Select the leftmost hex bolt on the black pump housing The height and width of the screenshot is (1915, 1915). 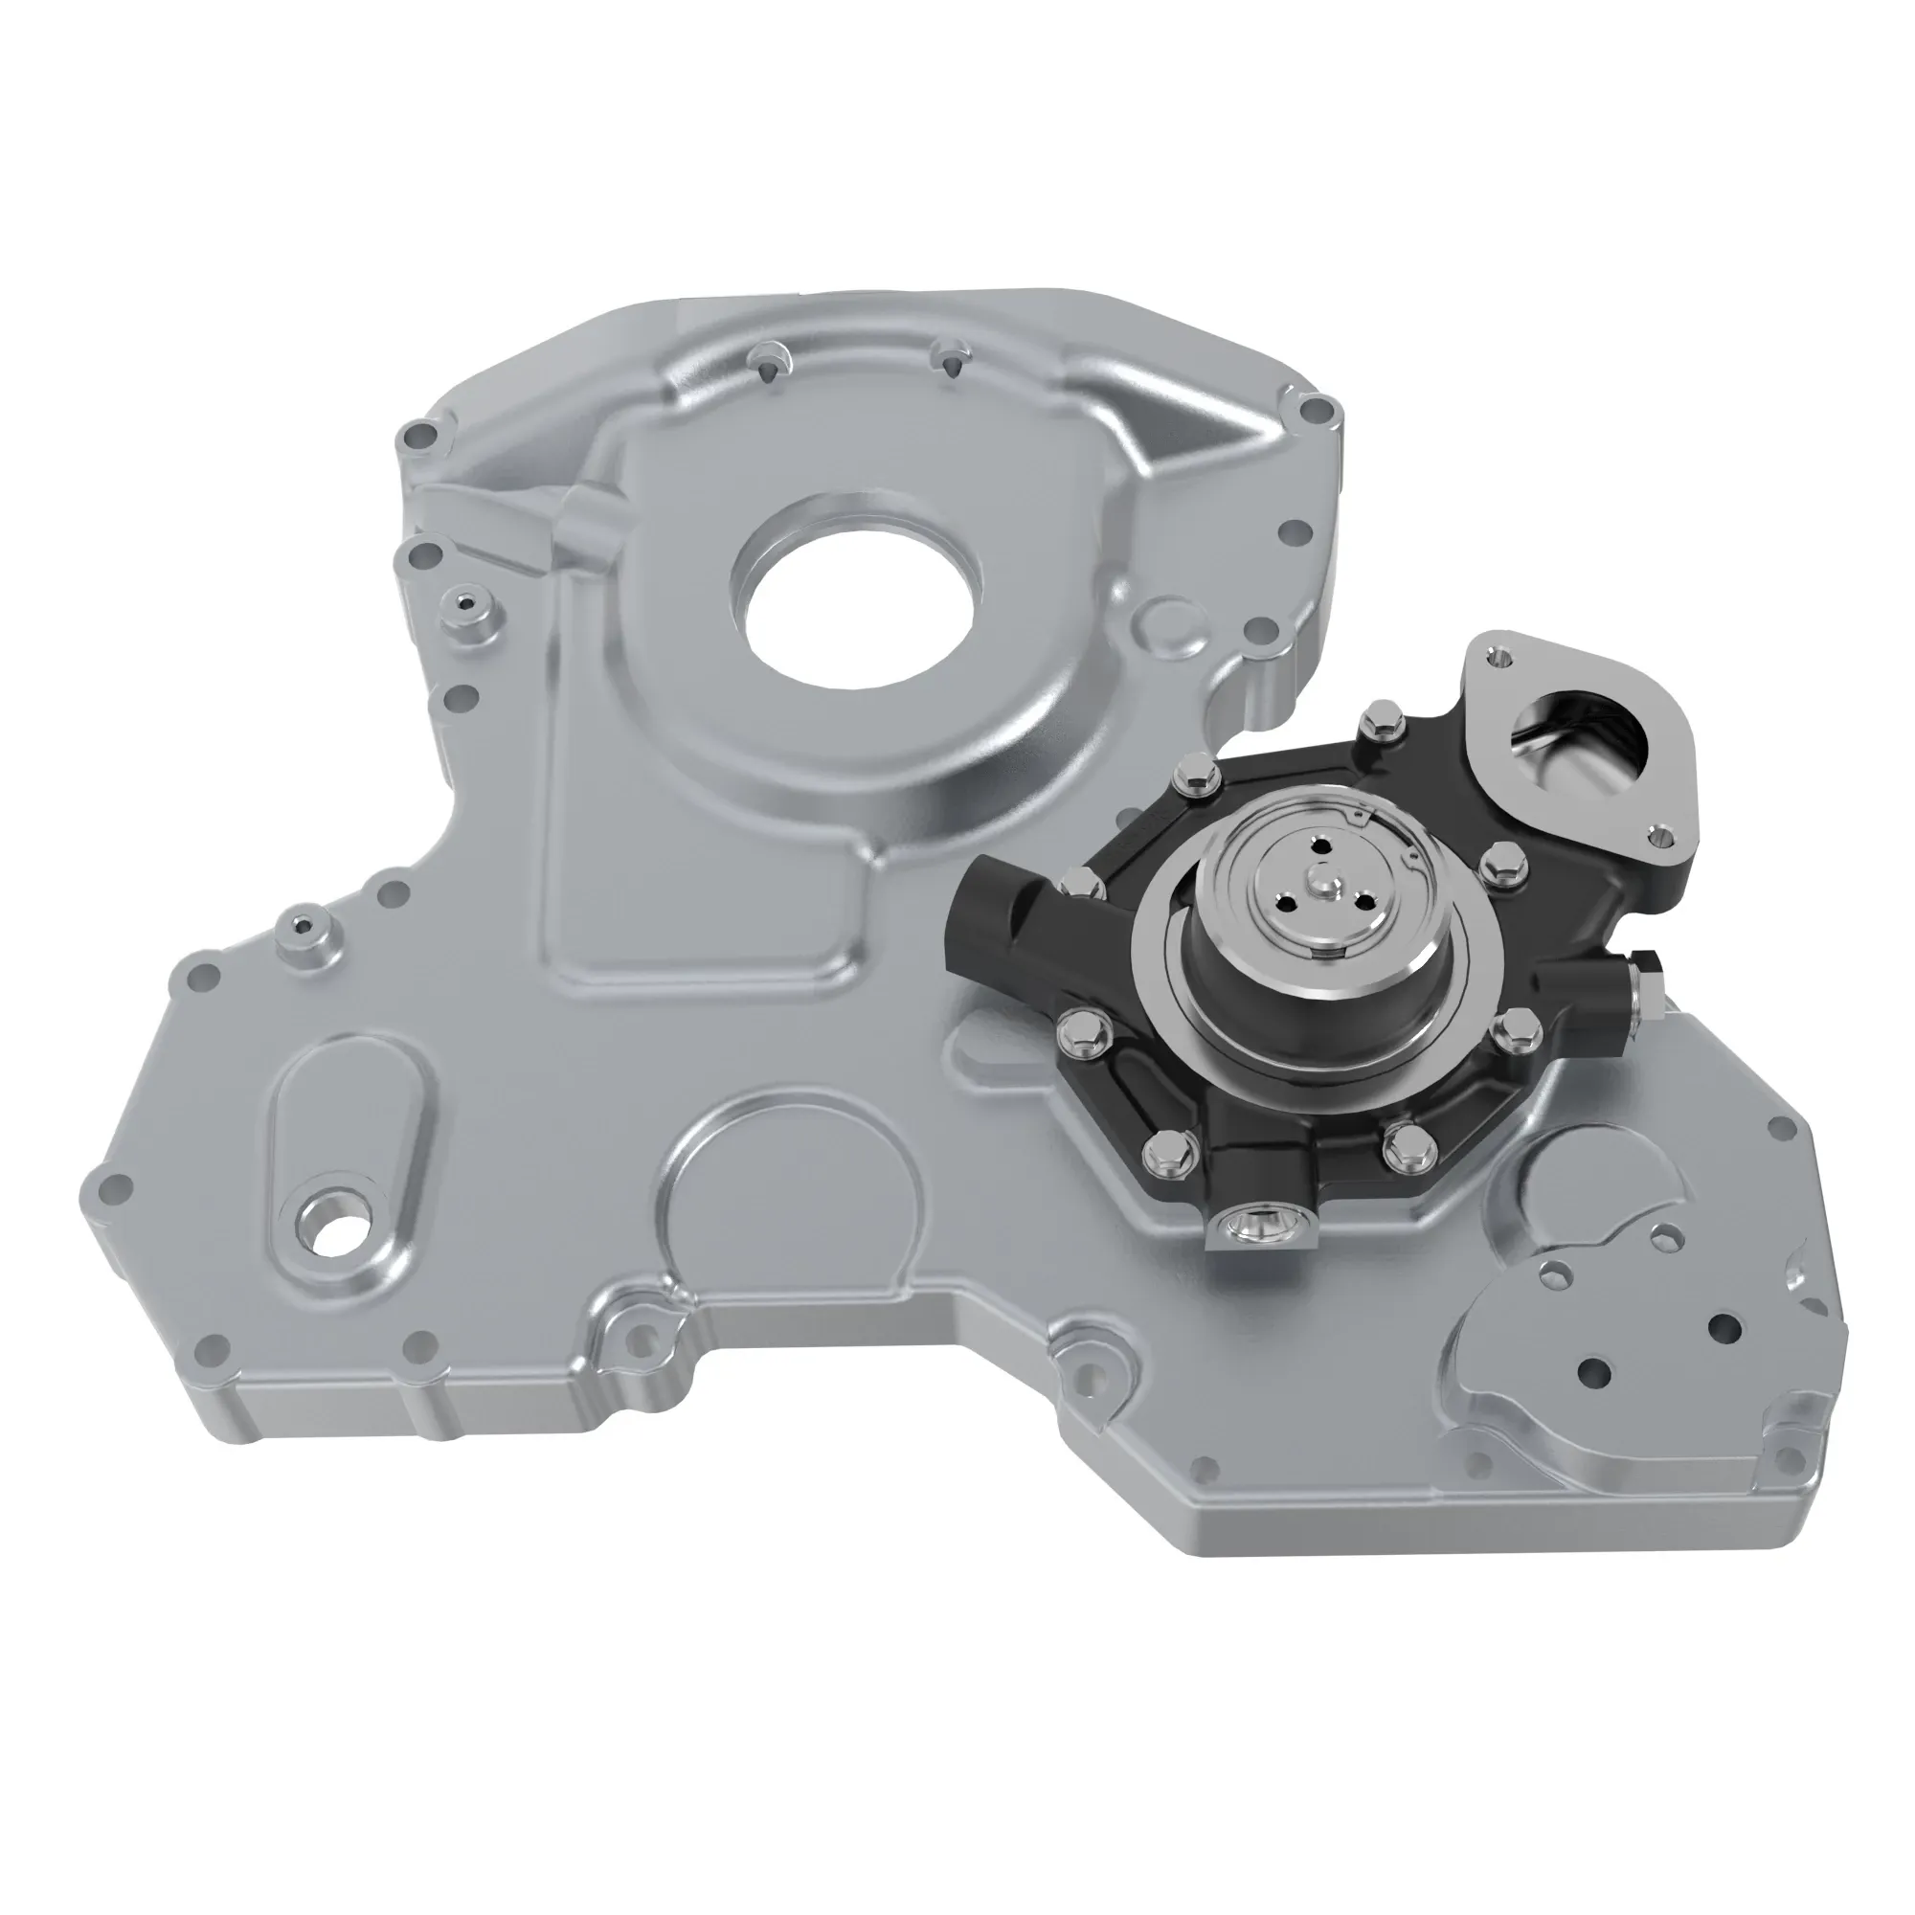[x=1075, y=881]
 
